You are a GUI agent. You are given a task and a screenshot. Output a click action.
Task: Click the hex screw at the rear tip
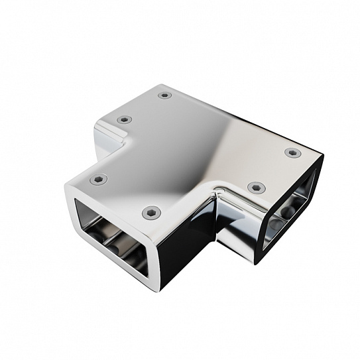164,95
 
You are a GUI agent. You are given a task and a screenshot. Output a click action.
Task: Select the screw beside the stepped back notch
124,119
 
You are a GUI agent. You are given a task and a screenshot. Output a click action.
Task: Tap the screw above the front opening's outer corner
98,179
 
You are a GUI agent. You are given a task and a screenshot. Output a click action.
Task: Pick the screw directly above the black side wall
151,213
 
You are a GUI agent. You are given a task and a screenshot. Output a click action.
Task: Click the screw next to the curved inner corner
257,188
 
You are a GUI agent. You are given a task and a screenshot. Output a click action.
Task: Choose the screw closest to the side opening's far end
292,152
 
